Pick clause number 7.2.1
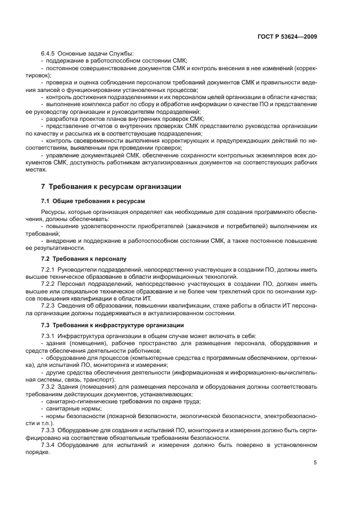(x=50, y=268)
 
